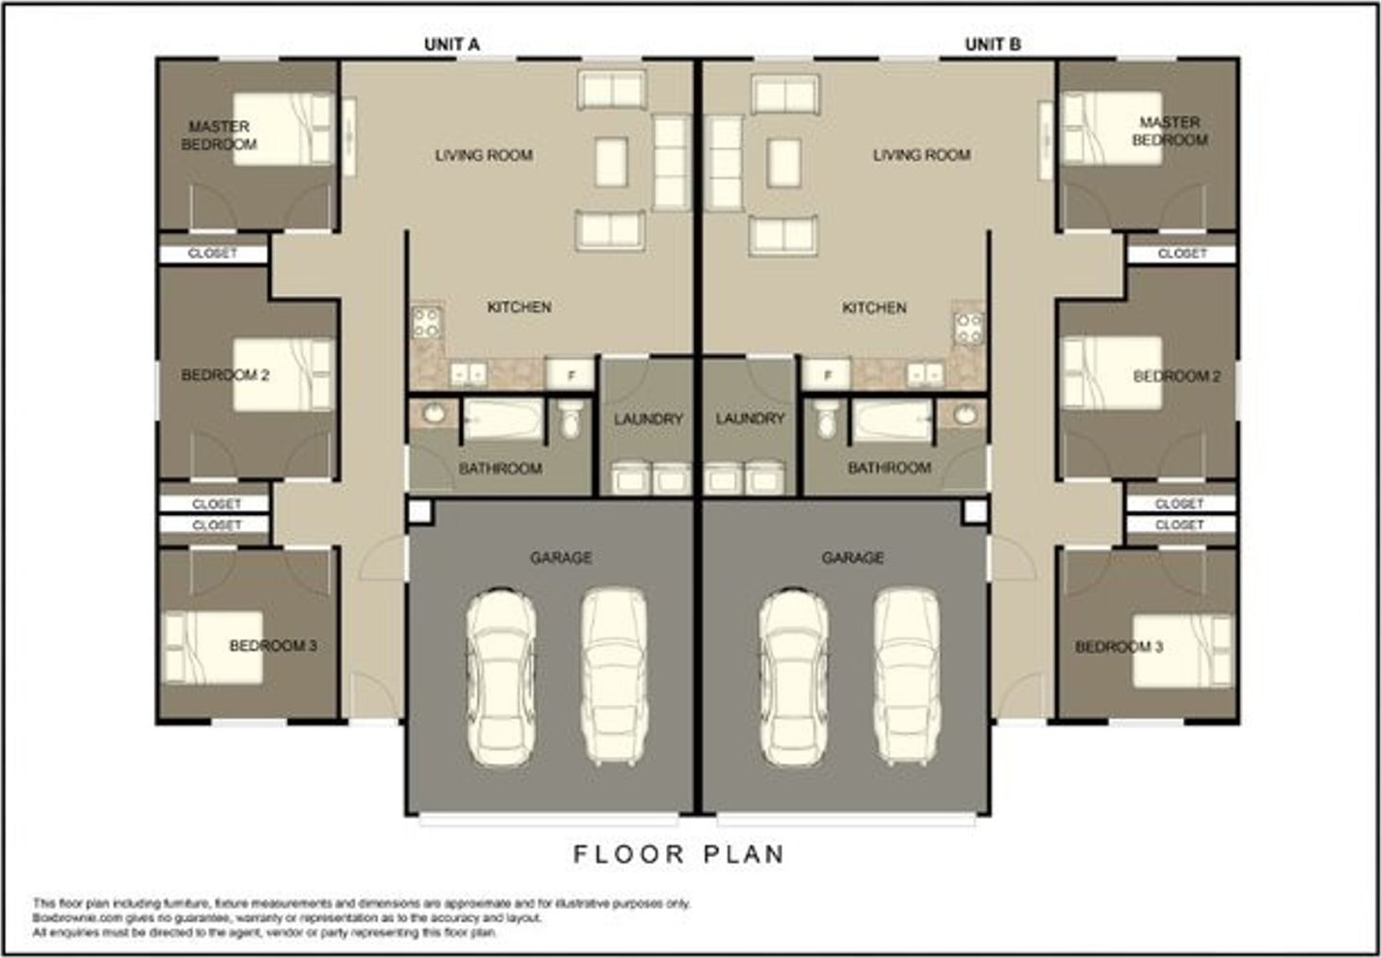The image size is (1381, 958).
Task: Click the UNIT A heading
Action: [x=452, y=44]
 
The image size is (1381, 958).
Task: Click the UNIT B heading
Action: [x=993, y=44]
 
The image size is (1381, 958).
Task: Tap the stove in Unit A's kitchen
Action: [x=426, y=323]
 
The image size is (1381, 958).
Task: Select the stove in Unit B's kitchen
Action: [x=968, y=329]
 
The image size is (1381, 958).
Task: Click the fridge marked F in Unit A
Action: [x=571, y=374]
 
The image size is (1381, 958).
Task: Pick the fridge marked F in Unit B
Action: [x=827, y=374]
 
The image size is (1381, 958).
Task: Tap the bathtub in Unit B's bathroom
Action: [x=892, y=420]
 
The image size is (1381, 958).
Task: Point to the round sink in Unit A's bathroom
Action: [x=434, y=414]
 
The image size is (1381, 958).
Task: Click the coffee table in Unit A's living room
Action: [x=611, y=163]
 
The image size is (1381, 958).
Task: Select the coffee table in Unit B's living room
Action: [x=784, y=163]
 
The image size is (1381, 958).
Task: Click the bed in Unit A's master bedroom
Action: [x=283, y=128]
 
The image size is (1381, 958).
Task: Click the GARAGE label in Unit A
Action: [x=561, y=558]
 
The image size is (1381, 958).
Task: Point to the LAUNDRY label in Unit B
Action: [x=750, y=419]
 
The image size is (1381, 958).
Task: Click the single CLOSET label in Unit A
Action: [x=213, y=253]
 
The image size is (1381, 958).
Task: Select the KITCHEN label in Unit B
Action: [x=874, y=308]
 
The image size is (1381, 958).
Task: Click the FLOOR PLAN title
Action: [x=679, y=854]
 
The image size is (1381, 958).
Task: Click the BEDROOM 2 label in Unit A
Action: [x=225, y=375]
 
